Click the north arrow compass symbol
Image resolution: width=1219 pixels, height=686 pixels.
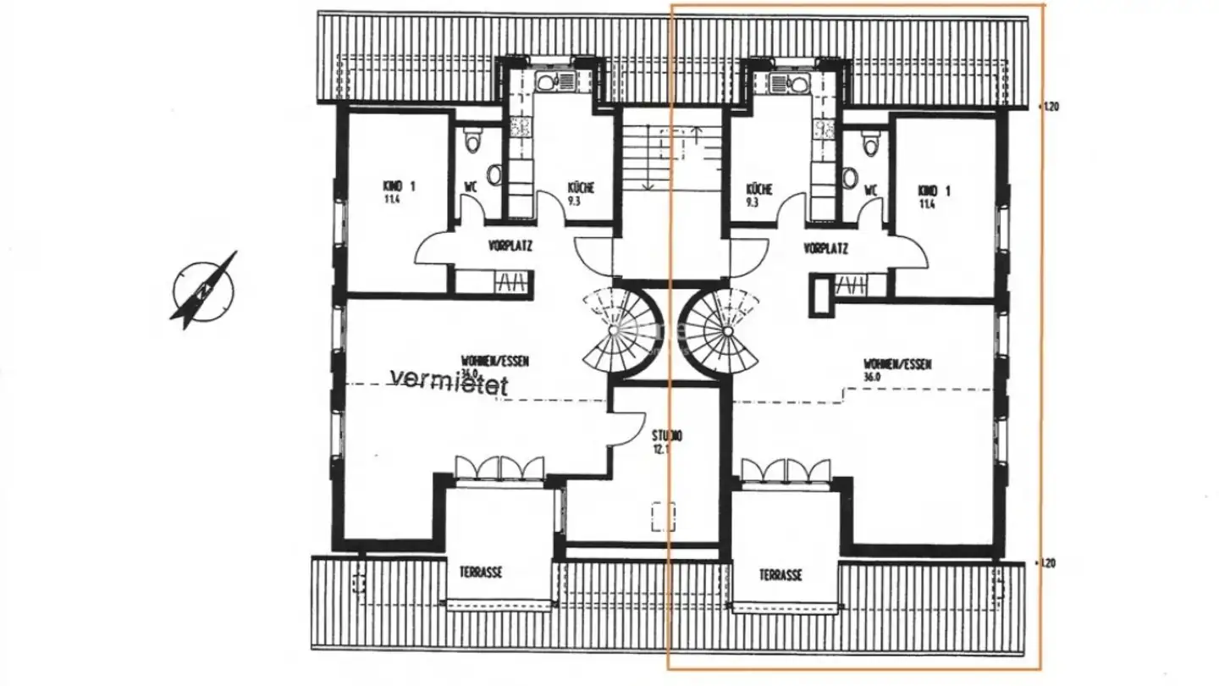(x=205, y=290)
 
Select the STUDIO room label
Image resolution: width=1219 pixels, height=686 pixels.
(x=667, y=437)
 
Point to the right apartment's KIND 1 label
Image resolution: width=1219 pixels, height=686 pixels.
(x=934, y=191)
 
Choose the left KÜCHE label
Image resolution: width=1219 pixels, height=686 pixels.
(x=581, y=188)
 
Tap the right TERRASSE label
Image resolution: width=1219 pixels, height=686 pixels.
(x=780, y=575)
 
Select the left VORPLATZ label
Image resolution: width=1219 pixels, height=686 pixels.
(x=510, y=247)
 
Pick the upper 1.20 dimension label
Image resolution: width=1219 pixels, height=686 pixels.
(x=1050, y=107)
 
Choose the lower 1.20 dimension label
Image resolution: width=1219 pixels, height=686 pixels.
(x=1050, y=562)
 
